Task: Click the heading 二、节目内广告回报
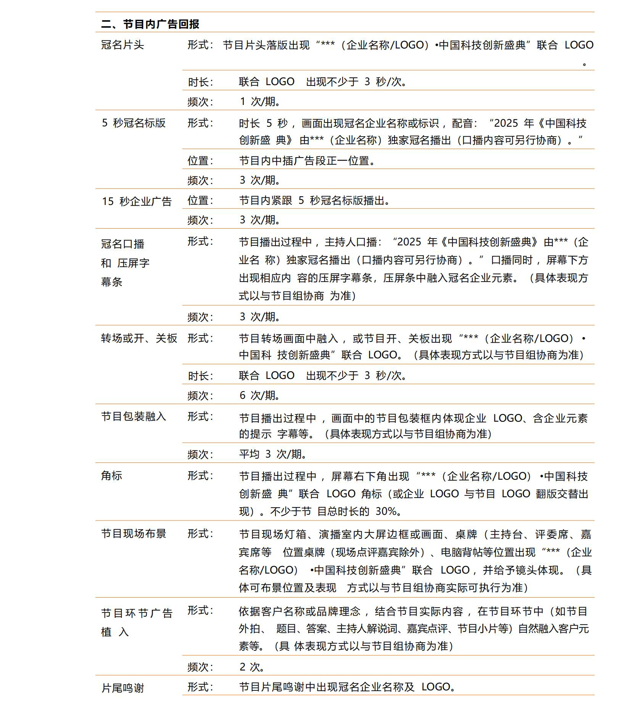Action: [150, 24]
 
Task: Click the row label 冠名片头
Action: [122, 45]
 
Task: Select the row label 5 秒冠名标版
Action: [134, 123]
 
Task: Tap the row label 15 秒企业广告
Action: [137, 201]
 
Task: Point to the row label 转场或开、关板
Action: [139, 338]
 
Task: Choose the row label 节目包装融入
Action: [134, 416]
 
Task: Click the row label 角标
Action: [111, 475]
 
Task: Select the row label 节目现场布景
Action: [134, 533]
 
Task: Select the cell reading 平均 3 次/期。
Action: [273, 454]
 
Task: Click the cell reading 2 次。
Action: [252, 667]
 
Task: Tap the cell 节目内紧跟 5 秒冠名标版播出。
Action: [315, 200]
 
